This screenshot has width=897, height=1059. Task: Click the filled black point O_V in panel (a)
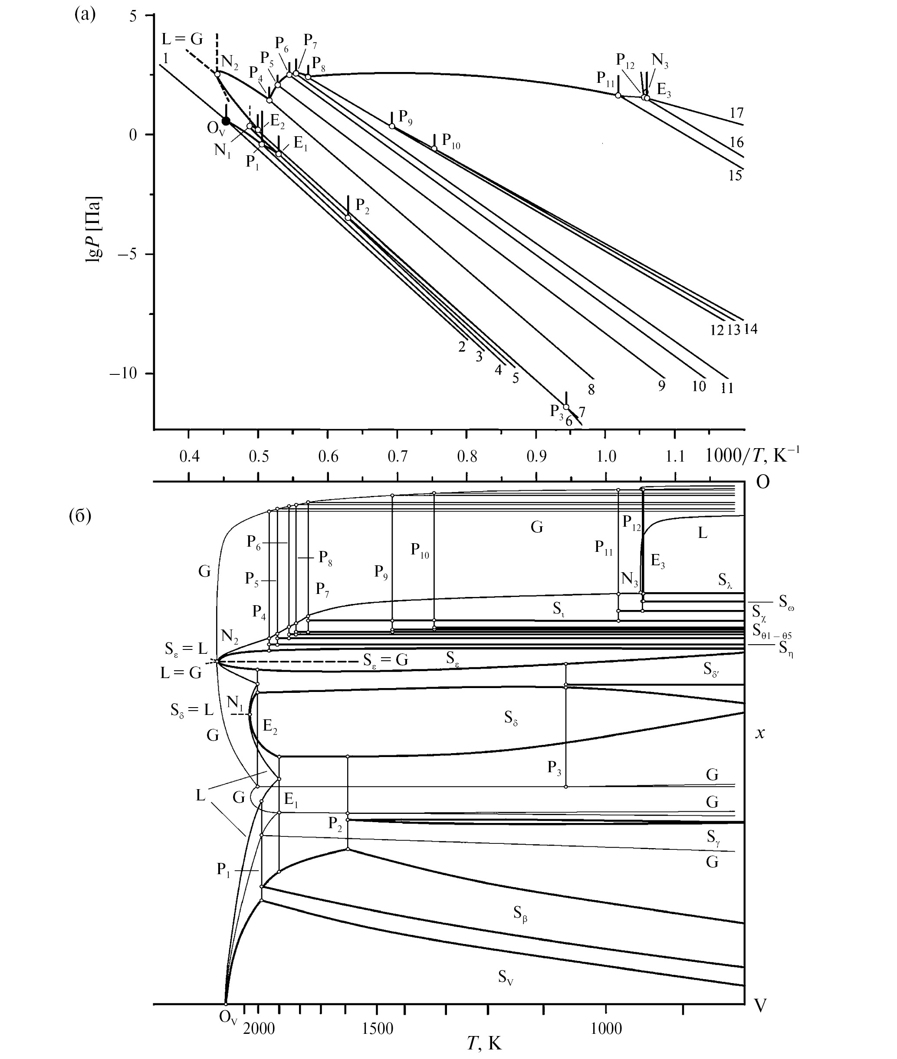[x=226, y=121]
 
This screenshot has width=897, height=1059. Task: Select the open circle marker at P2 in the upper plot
[x=348, y=218]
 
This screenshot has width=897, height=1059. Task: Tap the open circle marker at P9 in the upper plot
[x=392, y=126]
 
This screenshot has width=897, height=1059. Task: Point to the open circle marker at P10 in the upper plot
[x=434, y=148]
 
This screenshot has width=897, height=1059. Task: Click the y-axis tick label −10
[x=123, y=373]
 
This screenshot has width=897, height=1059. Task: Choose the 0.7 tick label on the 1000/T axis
[x=398, y=456]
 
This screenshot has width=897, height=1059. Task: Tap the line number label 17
[x=736, y=113]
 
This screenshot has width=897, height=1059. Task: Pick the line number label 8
[x=591, y=390]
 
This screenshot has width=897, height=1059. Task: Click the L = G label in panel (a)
[x=182, y=39]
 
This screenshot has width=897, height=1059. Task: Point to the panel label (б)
[x=80, y=515]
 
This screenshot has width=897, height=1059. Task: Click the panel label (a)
[x=85, y=14]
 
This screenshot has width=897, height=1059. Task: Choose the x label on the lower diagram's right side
[x=760, y=733]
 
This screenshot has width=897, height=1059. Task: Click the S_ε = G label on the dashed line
[x=385, y=660]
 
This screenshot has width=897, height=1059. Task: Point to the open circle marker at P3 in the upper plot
[x=566, y=407]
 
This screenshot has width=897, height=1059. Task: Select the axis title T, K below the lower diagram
[x=484, y=1043]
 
